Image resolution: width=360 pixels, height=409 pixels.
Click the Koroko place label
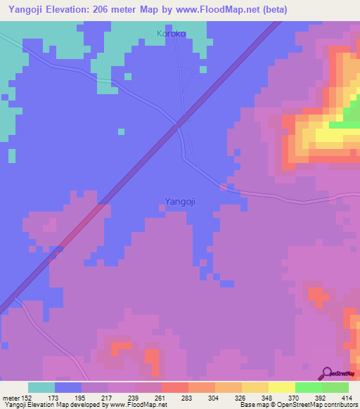click(x=172, y=32)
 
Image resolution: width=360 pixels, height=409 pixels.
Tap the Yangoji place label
click(x=179, y=201)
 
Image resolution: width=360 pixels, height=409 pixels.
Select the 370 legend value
click(x=295, y=398)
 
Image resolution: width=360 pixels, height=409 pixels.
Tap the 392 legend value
click(x=322, y=398)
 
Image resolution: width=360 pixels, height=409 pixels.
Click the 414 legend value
click(x=347, y=398)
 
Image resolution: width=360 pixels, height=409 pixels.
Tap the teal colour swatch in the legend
click(x=41, y=387)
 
